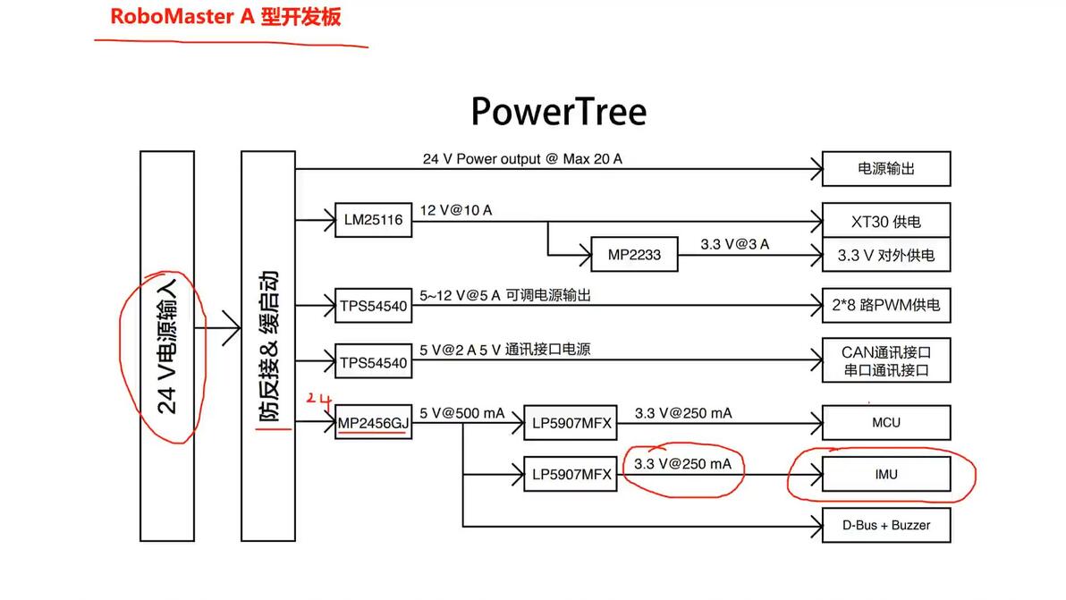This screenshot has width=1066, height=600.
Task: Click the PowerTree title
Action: (558, 113)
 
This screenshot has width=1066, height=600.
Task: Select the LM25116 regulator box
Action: (374, 219)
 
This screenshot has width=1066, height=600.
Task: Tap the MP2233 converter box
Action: (634, 255)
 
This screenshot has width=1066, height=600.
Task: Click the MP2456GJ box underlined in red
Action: (373, 423)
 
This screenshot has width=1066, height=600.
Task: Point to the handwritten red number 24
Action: (318, 398)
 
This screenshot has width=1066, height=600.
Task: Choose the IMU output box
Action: (885, 474)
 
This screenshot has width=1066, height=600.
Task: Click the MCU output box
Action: (885, 423)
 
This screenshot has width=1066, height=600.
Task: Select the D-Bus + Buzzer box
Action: (885, 525)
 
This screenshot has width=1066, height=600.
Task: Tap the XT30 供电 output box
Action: (885, 221)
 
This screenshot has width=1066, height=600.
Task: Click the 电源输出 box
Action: (885, 168)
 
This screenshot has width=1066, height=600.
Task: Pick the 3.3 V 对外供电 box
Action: (885, 256)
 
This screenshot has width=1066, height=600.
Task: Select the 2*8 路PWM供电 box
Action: (885, 305)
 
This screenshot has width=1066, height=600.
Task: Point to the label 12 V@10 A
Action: (456, 210)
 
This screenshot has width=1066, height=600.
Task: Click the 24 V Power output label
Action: (522, 159)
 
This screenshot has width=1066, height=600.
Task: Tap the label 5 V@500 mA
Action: (461, 413)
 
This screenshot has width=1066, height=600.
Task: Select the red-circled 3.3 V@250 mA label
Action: (682, 464)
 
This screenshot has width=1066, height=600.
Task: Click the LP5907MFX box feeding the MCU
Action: (571, 423)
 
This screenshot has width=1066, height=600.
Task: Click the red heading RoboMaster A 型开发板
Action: (225, 17)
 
